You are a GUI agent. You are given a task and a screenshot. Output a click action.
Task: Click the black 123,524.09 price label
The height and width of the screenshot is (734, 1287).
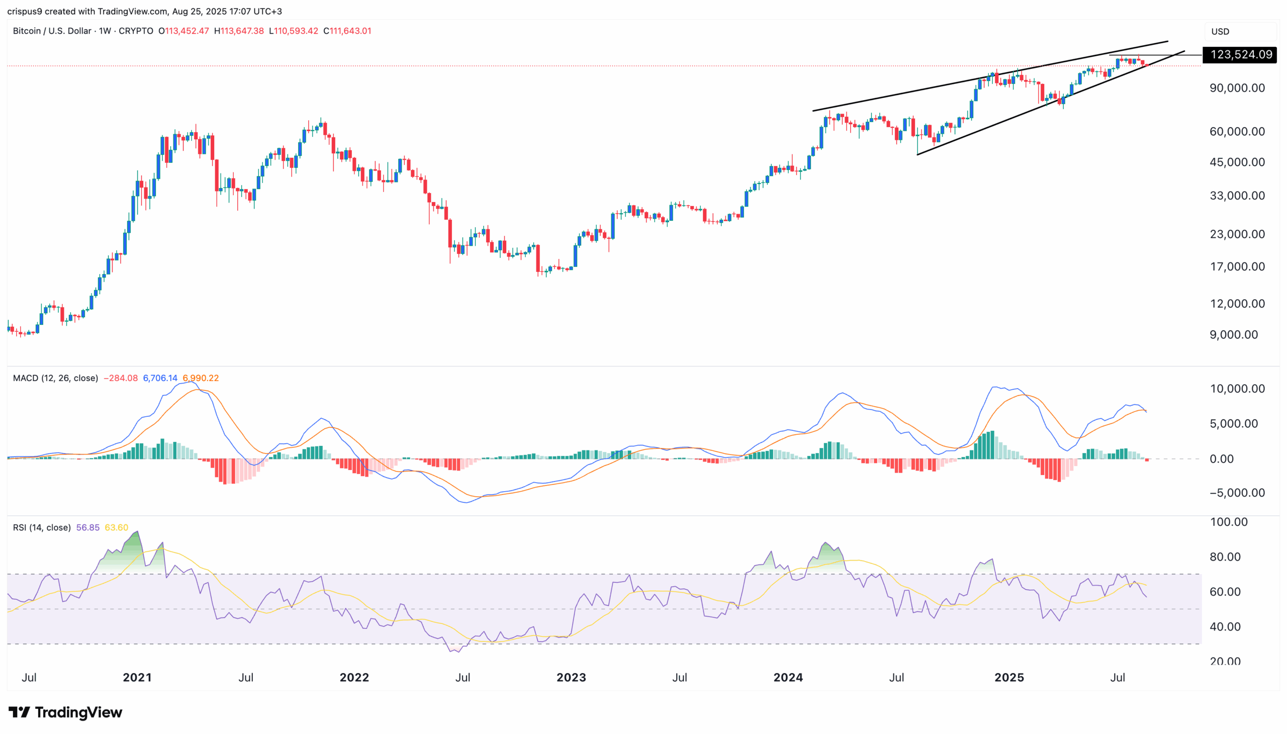pyautogui.click(x=1240, y=54)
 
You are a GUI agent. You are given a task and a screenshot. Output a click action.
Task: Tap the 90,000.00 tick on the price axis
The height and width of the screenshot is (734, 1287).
pyautogui.click(x=1237, y=87)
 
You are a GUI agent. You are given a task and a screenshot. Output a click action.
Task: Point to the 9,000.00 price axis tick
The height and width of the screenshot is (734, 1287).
pyautogui.click(x=1234, y=335)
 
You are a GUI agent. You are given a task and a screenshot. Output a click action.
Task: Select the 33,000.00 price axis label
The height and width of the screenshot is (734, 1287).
pyautogui.click(x=1237, y=196)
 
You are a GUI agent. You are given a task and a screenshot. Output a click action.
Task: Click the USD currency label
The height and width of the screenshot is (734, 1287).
pyautogui.click(x=1220, y=31)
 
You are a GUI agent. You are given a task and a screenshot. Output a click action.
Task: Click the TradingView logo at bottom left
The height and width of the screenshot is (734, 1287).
pyautogui.click(x=65, y=712)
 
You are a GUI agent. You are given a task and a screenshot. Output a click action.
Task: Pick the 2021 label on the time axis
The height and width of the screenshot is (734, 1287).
pyautogui.click(x=137, y=677)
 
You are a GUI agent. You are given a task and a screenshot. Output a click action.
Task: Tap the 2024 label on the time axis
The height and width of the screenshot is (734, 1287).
pyautogui.click(x=788, y=677)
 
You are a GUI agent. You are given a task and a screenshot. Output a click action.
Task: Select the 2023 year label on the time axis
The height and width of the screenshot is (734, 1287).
pyautogui.click(x=571, y=677)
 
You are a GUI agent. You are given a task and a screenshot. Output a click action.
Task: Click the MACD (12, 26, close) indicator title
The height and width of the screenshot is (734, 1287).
pyautogui.click(x=55, y=378)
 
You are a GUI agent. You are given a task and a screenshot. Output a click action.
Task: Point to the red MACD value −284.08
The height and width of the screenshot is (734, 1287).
pyautogui.click(x=121, y=378)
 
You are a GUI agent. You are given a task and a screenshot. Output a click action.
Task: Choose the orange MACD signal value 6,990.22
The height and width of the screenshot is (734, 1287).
pyautogui.click(x=201, y=378)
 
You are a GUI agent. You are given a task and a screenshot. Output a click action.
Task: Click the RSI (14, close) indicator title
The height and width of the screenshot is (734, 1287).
pyautogui.click(x=42, y=527)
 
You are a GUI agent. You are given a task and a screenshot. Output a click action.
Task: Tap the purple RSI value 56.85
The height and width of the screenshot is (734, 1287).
pyautogui.click(x=87, y=527)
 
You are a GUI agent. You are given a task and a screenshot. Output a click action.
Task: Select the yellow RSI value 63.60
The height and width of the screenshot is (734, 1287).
pyautogui.click(x=117, y=527)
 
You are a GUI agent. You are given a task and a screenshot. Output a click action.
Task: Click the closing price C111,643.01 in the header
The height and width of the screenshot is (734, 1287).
pyautogui.click(x=347, y=31)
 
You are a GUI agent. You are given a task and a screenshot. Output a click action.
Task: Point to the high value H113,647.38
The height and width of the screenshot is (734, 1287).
pyautogui.click(x=239, y=31)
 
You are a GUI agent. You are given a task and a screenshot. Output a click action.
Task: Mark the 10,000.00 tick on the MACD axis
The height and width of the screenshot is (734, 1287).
pyautogui.click(x=1237, y=389)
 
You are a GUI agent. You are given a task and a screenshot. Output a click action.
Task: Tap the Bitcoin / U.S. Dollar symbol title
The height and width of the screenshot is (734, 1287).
pyautogui.click(x=52, y=31)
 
